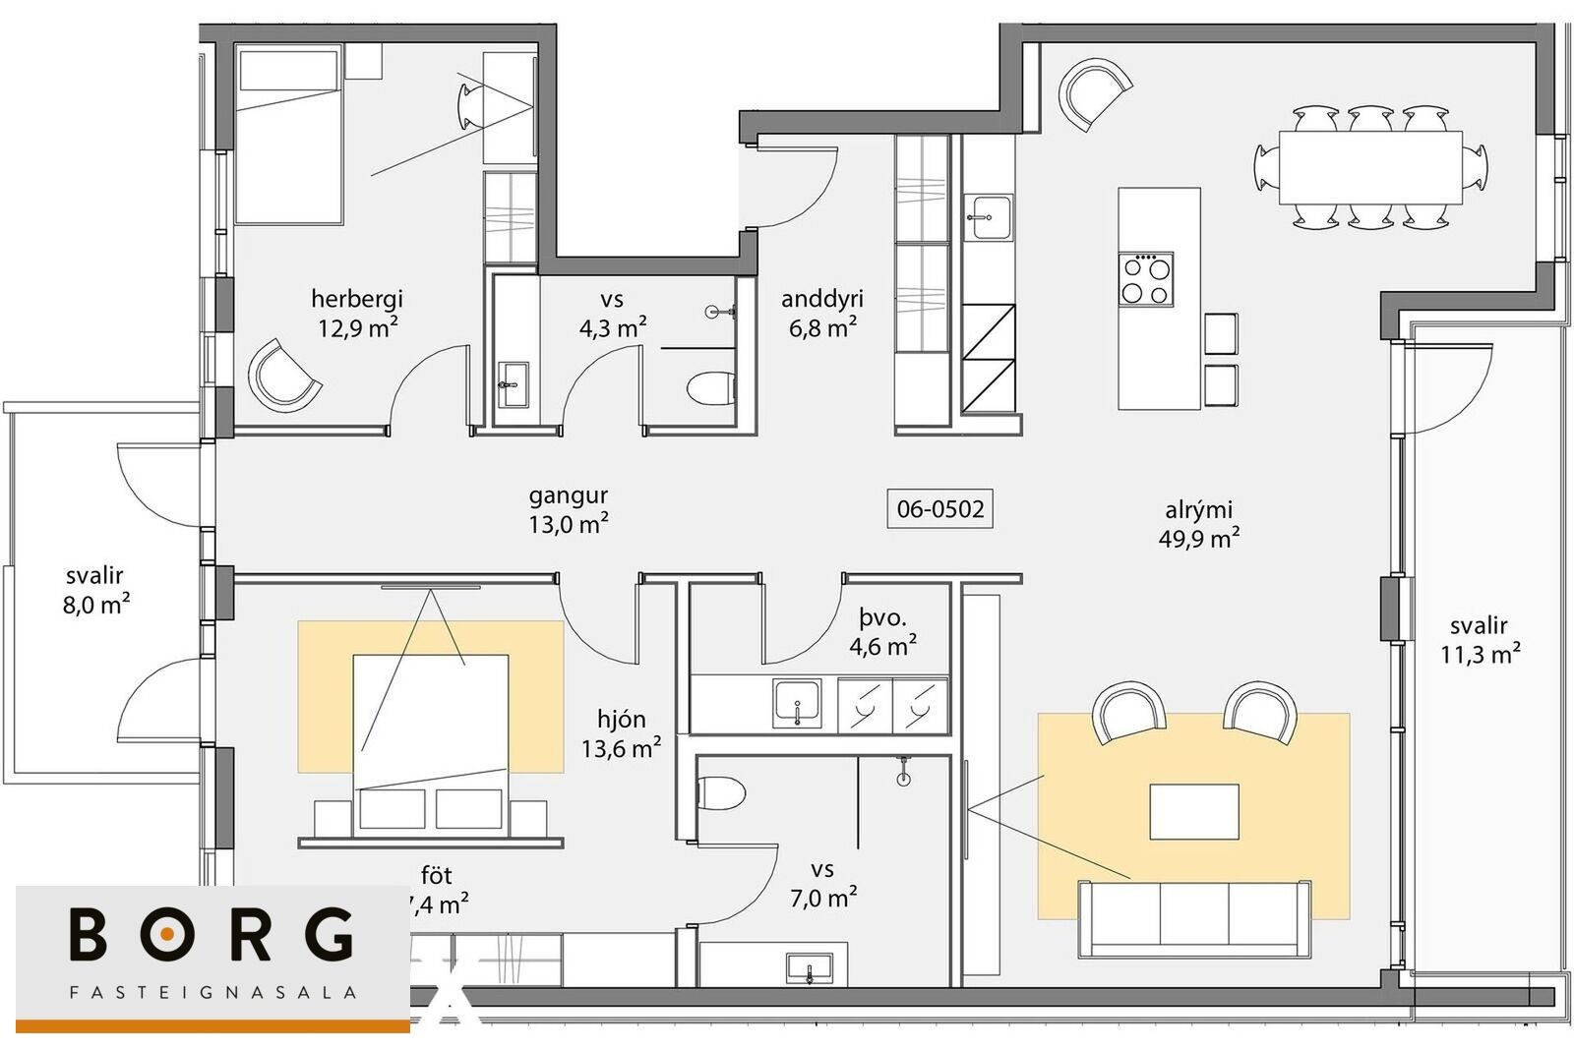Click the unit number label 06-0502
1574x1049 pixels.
pos(940,508)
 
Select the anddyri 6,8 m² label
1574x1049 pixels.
pos(822,314)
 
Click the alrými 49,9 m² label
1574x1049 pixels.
pos(1199,524)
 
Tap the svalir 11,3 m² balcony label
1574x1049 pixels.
pos(1481,640)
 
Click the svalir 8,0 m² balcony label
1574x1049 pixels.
pos(96,590)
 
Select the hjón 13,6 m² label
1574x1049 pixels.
pos(621,733)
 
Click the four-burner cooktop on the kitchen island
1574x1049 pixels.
pos(1146,279)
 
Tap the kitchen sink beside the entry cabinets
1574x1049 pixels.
pos(988,217)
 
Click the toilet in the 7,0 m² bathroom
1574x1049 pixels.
pos(721,792)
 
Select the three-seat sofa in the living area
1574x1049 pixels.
pos(1194,918)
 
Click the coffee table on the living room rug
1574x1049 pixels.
pos(1194,812)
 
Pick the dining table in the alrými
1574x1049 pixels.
pos(1371,167)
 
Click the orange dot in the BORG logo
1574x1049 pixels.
pos(166,934)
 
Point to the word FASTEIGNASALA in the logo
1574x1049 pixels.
pos(212,992)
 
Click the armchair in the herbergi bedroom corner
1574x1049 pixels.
pos(284,375)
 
